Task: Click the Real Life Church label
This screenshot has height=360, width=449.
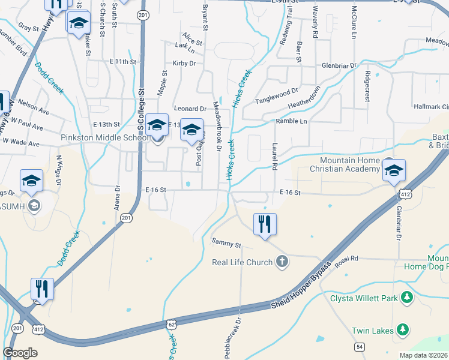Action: coord(243,262)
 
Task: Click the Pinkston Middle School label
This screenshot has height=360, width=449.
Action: coord(104,138)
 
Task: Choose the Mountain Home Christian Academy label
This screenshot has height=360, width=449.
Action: coord(350,165)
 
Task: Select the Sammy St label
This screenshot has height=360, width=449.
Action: coord(226,245)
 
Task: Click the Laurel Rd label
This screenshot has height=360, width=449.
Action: coord(274,154)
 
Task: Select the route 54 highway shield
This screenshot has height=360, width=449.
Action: coord(360,347)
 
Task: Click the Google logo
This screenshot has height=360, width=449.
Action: coord(20,352)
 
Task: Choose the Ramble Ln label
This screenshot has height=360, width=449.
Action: coord(291,122)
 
